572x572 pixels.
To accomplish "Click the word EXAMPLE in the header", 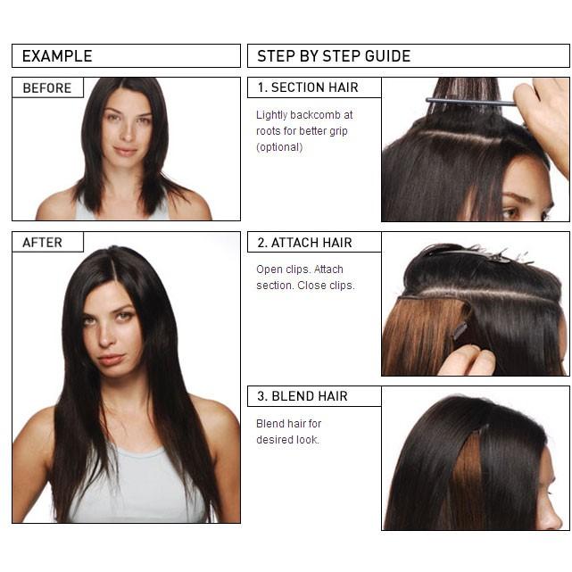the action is coord(57,56).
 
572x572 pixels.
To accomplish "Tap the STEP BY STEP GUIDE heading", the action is coord(334,56).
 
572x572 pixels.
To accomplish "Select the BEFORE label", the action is coord(47,88).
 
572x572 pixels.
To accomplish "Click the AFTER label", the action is coord(42,243).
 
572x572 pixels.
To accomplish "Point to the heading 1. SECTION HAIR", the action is coord(308,87).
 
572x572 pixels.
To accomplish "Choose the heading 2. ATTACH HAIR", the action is coord(304,243).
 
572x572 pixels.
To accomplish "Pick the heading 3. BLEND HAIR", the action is coord(303,396).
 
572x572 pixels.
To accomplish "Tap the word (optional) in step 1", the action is coord(279,147).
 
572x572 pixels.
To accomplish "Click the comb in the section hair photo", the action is coord(470,102).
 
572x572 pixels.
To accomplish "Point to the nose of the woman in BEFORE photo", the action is coord(127,133).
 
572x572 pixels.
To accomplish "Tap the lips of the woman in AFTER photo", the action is coord(112,359).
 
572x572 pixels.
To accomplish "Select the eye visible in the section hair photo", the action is coord(511,212).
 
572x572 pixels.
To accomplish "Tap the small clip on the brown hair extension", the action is coord(460,329).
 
